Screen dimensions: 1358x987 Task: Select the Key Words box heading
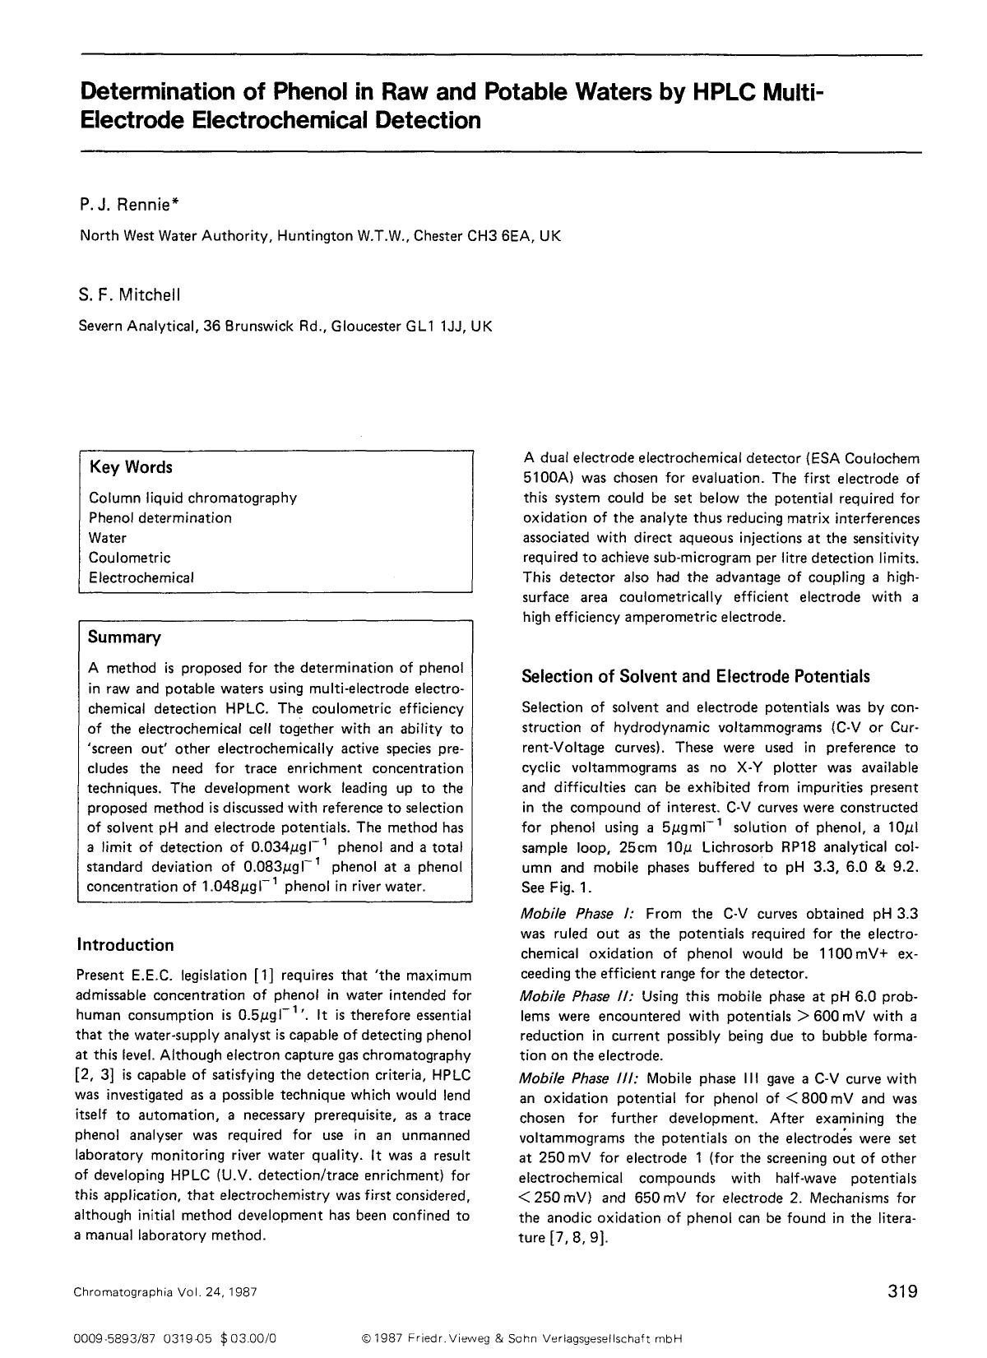131,467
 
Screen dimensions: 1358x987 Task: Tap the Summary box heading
124,637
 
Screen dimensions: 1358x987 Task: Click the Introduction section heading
125,944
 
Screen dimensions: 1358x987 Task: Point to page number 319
902,1291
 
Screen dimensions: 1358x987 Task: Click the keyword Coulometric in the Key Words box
129,558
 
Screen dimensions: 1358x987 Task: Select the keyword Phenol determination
160,518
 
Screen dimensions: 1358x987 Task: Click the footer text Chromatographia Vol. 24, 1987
165,1292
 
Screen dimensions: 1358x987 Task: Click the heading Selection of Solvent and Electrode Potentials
695,677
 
